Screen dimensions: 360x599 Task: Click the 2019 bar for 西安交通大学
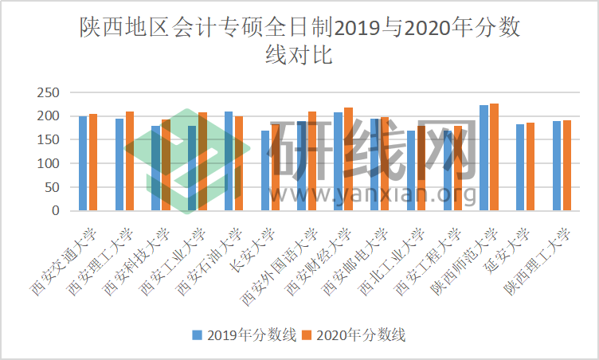83,163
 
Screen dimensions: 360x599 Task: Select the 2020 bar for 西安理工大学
130,161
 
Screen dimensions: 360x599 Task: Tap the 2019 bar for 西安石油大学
229,161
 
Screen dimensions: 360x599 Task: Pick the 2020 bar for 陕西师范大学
494,157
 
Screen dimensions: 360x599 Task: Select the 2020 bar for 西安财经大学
348,159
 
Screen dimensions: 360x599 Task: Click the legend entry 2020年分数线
353,335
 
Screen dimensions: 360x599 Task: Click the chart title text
299,42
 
